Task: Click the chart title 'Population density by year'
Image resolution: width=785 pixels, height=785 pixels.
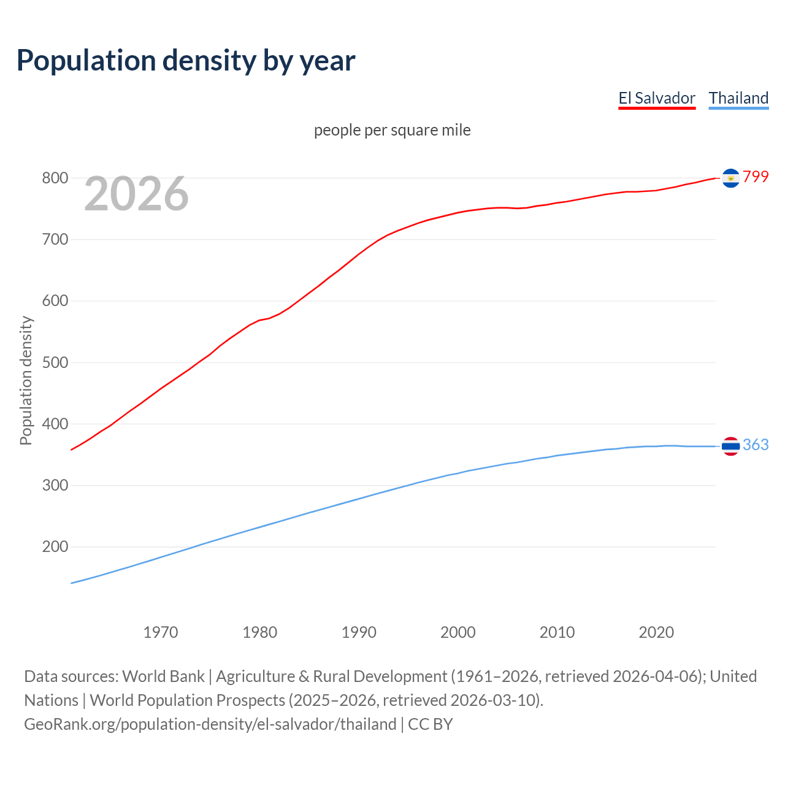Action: coord(186,61)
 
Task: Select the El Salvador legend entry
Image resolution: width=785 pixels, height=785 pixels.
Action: coord(656,98)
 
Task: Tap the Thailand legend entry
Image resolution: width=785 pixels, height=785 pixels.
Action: coord(738,98)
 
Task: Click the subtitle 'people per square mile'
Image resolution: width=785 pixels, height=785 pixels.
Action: coord(392,130)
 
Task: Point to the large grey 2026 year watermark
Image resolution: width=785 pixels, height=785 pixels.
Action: coord(136,194)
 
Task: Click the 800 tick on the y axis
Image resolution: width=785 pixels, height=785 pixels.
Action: coord(55,178)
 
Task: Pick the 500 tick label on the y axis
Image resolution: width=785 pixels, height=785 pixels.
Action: coord(55,362)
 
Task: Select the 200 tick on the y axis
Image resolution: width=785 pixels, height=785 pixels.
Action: coord(55,546)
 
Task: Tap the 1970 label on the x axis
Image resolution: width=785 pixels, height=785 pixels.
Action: coord(161,632)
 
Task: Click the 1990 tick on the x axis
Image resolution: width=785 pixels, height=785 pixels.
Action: coord(359,632)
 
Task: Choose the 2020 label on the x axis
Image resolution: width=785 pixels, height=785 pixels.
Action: coord(656,632)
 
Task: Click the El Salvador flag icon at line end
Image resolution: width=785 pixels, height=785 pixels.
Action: coord(730,178)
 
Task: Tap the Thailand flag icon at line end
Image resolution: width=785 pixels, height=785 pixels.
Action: coord(730,446)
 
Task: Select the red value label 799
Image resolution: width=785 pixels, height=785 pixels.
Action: coord(756,177)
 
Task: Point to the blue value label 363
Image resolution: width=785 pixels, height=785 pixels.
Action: coord(756,445)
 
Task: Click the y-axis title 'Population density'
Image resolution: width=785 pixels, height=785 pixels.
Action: coord(26,380)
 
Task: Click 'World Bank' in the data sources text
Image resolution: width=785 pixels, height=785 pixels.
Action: coord(163,676)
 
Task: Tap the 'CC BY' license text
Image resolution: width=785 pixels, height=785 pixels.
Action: coord(430,724)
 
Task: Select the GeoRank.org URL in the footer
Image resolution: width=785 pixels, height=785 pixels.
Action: coord(210,724)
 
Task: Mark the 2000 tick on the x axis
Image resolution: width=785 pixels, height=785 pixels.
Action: coord(458,632)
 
